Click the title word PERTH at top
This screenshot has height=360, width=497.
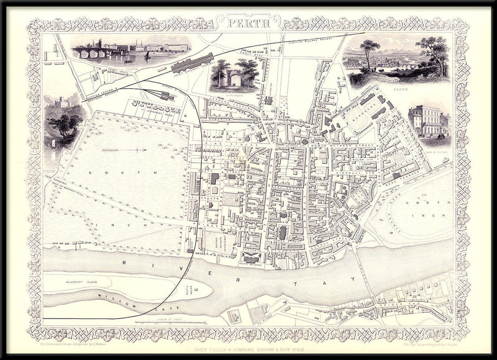click(x=248, y=24)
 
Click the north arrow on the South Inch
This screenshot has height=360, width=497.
click(x=124, y=149)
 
